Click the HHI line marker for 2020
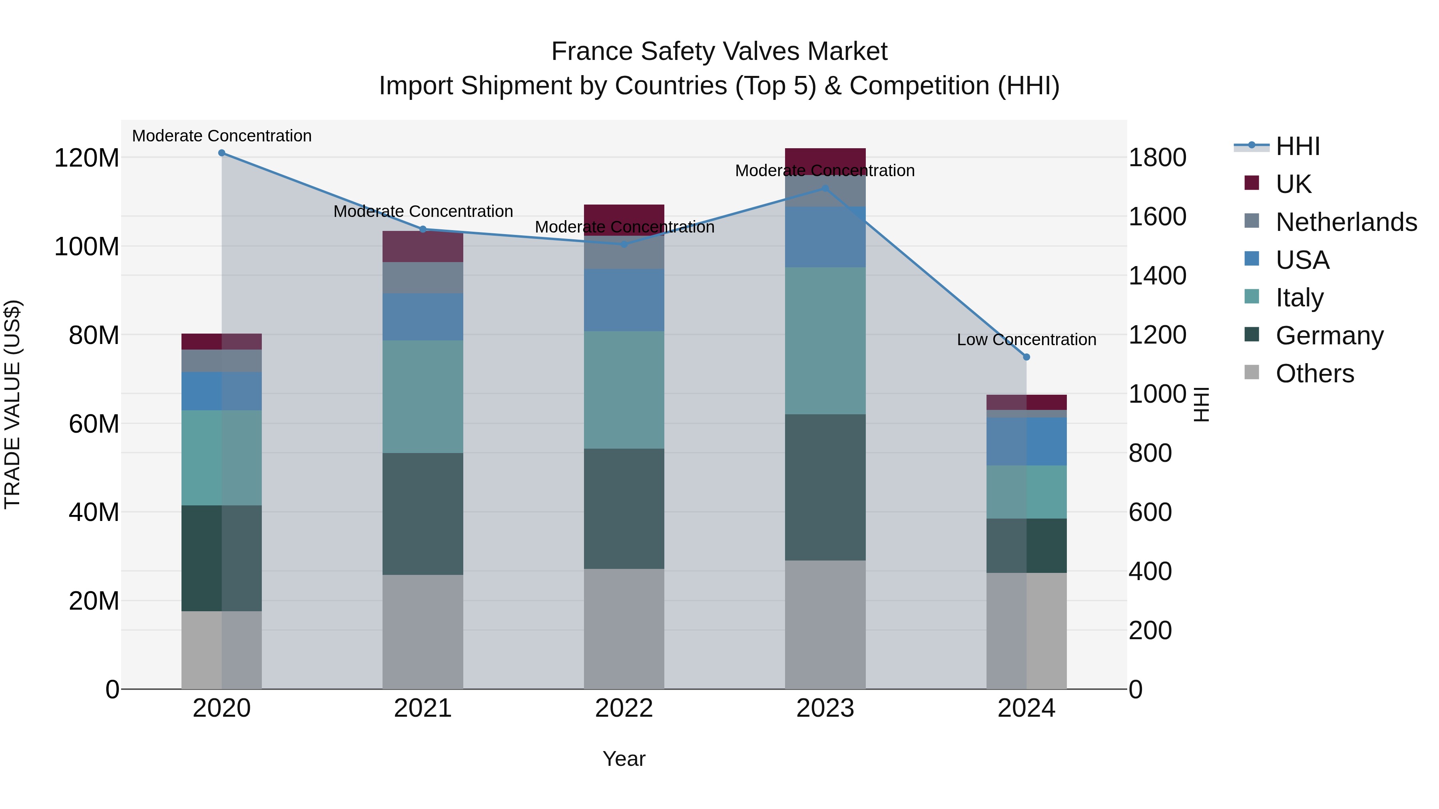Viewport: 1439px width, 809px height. coord(222,153)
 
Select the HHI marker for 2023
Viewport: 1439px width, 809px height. coord(825,189)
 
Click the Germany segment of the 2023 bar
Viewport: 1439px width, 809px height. coord(825,487)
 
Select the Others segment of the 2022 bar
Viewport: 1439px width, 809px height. coord(624,629)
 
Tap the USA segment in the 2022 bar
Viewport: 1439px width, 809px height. coord(624,300)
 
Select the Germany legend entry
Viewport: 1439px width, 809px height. coord(1329,336)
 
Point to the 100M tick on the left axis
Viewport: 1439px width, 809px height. coord(87,246)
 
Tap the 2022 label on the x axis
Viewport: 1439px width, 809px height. coord(624,708)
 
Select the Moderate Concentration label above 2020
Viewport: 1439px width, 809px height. coord(222,136)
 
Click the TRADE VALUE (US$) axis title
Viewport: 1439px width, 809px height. coord(12,404)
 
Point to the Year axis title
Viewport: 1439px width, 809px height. coord(624,759)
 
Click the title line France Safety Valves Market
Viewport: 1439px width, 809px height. coord(719,52)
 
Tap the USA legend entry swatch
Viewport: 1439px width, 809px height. coord(1252,259)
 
